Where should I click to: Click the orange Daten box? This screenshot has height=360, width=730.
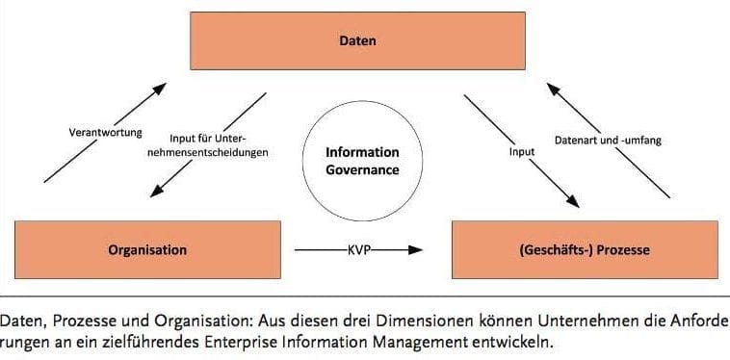(x=357, y=41)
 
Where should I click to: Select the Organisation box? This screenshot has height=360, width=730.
(x=147, y=249)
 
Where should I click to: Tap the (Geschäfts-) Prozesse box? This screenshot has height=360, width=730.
(x=586, y=249)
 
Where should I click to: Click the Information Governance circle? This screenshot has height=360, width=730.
(x=361, y=160)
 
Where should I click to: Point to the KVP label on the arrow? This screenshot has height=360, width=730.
(x=357, y=249)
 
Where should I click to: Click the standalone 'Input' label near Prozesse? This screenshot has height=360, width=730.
(x=521, y=151)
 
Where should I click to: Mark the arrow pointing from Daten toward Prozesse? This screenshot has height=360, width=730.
(x=521, y=149)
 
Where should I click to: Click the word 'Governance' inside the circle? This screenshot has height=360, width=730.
(x=362, y=169)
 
